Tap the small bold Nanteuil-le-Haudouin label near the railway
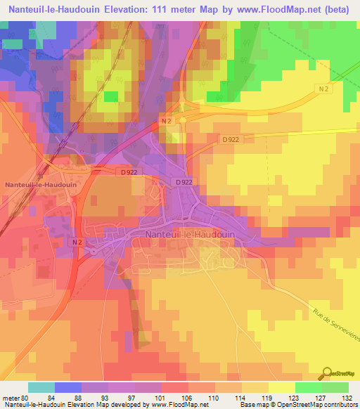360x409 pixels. [41, 185]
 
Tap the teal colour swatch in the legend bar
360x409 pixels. [41, 387]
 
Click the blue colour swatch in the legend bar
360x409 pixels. [68, 387]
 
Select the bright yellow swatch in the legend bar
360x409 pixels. [281, 387]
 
